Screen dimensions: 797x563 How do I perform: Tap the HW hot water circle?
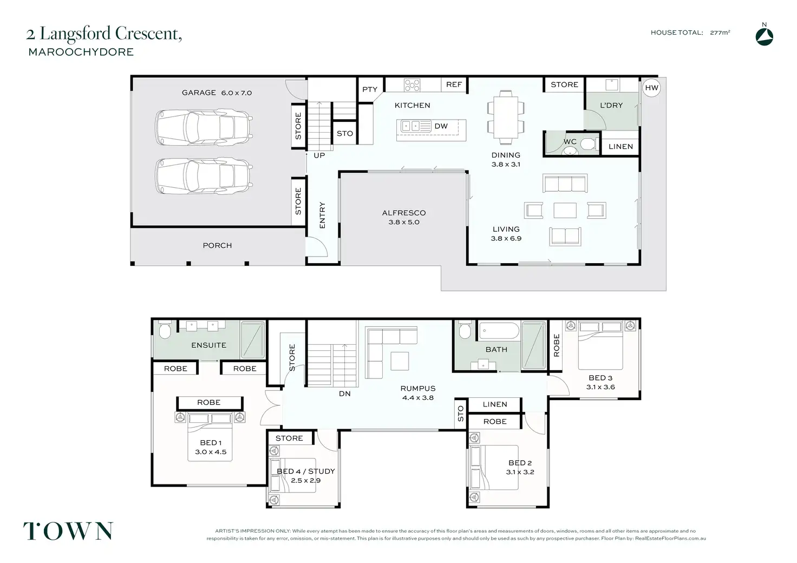[x=651, y=88]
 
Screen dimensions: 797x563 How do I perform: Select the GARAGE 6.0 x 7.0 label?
[x=217, y=93]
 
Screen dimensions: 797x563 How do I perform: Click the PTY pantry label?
[x=370, y=89]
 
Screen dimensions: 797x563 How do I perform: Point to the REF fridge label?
[x=454, y=84]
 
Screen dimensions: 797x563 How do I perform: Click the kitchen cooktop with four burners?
[x=411, y=85]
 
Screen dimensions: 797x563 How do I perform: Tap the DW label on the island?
[x=441, y=126]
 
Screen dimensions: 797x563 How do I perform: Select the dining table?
[x=506, y=117]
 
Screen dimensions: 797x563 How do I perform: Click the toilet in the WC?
[x=589, y=145]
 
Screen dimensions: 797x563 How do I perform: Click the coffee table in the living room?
[x=565, y=210]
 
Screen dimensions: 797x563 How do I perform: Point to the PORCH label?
[x=217, y=245]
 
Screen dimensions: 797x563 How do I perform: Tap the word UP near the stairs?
[x=319, y=155]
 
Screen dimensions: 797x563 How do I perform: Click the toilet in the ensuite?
[x=165, y=330]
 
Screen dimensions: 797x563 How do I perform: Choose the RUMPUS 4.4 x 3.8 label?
[x=417, y=393]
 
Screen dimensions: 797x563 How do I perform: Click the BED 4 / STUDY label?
[x=305, y=471]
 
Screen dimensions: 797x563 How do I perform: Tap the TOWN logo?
[x=68, y=532]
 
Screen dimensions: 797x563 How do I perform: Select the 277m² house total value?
[x=720, y=32]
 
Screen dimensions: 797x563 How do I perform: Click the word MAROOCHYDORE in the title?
[x=81, y=52]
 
